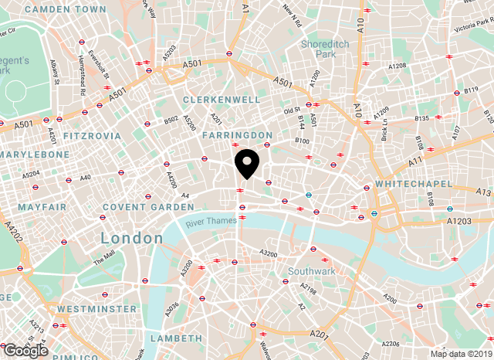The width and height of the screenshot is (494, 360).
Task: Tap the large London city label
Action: tap(131, 239)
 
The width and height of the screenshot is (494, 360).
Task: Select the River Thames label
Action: tap(211, 222)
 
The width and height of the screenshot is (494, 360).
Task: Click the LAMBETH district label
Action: tap(176, 338)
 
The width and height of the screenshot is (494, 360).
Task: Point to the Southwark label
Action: tap(311, 271)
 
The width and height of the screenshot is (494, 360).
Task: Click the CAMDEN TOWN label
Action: tap(65, 9)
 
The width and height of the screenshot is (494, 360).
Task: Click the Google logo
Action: tap(25, 350)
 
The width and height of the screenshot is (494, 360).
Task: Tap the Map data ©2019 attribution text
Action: tap(460, 354)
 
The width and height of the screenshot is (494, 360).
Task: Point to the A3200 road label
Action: tap(269, 253)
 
